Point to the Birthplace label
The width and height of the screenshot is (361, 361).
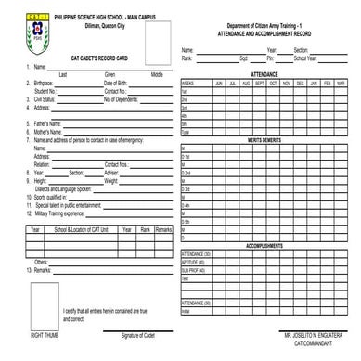[x=44, y=84]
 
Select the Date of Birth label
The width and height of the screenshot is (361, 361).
[x=116, y=84]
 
